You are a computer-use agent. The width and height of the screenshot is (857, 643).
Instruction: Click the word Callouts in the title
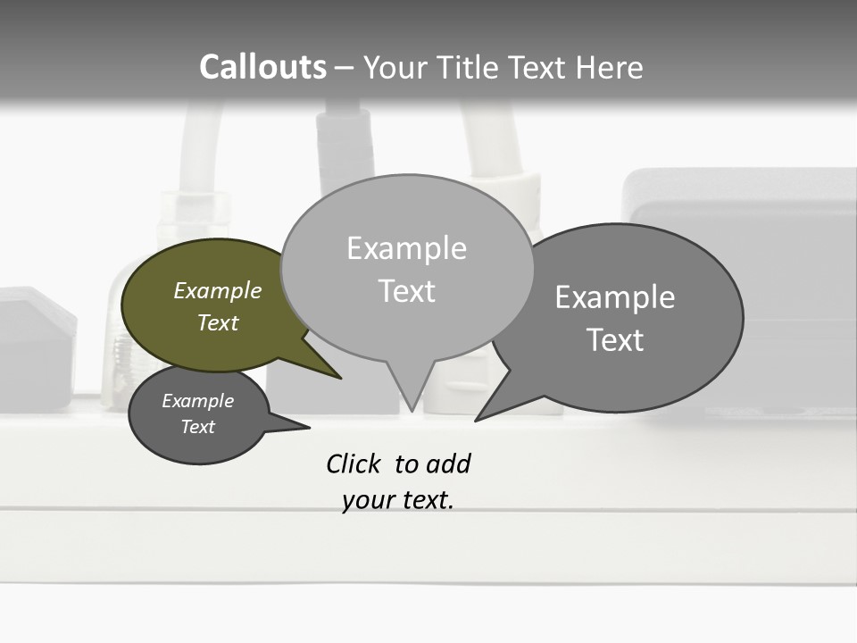(262, 67)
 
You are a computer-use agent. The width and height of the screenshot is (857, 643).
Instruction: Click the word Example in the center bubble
(406, 248)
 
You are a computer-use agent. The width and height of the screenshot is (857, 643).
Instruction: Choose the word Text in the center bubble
(406, 291)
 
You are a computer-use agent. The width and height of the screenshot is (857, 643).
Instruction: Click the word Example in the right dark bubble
(615, 297)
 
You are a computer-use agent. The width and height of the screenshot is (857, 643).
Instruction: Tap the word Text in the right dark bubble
(615, 340)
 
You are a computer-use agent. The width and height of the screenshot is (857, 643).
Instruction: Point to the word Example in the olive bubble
(218, 291)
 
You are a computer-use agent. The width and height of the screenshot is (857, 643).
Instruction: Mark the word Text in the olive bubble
(218, 323)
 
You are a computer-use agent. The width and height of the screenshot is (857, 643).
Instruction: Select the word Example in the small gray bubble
(197, 401)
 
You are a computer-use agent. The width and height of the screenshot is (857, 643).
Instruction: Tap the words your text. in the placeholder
(398, 501)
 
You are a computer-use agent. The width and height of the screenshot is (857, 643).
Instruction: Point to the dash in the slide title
(345, 68)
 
